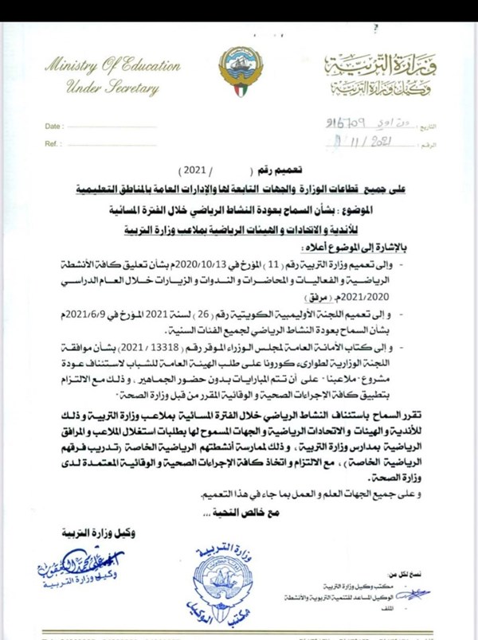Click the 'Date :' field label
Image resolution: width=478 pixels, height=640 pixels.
pyautogui.click(x=53, y=127)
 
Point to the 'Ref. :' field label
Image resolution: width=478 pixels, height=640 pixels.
pyautogui.click(x=53, y=143)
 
